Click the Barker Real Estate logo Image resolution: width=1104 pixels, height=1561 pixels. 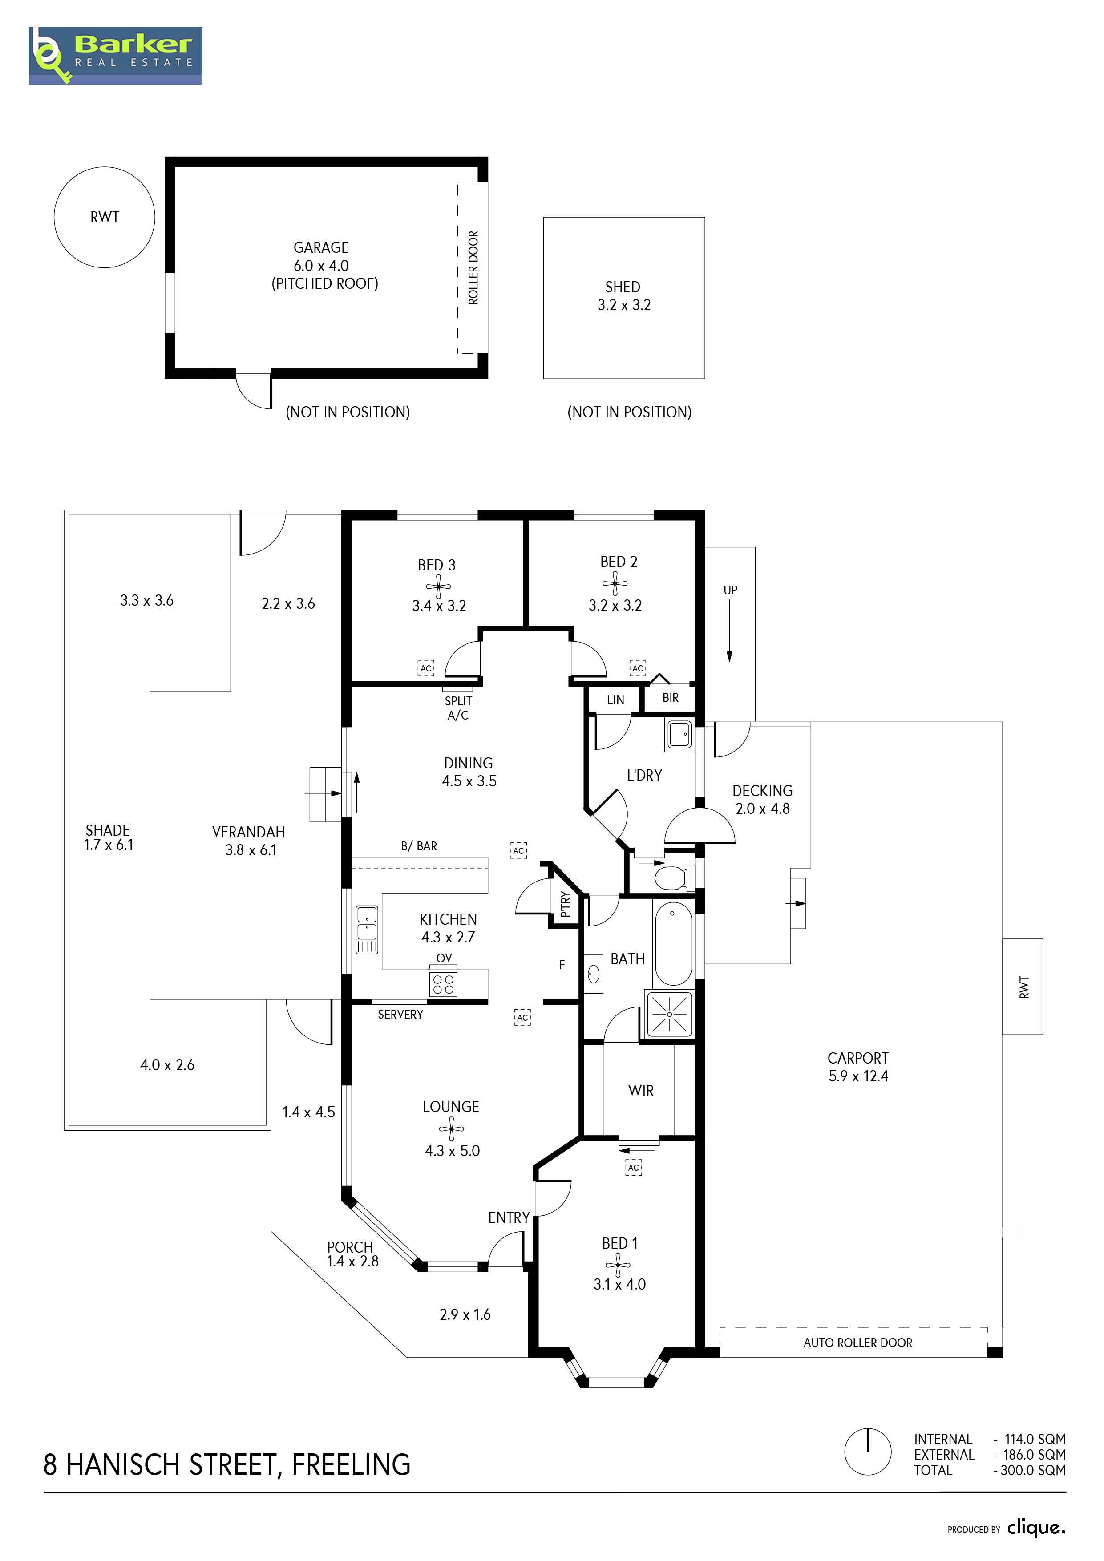[x=116, y=56]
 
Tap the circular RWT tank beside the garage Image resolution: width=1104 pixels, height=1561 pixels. [x=105, y=217]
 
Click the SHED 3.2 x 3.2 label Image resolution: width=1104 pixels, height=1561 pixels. [x=623, y=296]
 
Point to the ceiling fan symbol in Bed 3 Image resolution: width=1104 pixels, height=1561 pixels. [x=438, y=586]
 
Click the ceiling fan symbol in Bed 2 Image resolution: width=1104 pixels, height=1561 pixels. [x=615, y=582]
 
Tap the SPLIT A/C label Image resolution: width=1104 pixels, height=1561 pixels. [x=458, y=708]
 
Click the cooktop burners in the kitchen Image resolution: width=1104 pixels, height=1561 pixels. [x=443, y=984]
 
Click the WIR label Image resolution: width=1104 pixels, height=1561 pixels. [x=641, y=1091]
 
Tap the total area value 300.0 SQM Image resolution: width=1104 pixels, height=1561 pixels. [x=1033, y=1470]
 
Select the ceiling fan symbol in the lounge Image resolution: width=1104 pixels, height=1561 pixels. [x=451, y=1128]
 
